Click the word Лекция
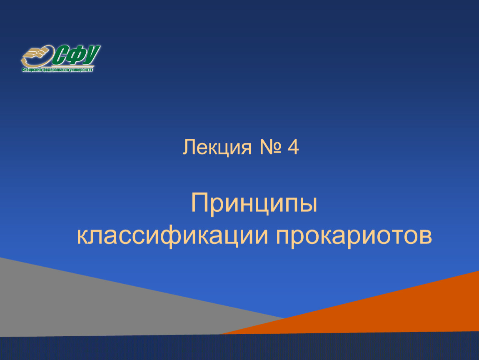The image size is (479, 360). (x=217, y=148)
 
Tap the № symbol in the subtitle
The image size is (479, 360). (x=270, y=147)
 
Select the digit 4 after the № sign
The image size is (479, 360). (x=293, y=147)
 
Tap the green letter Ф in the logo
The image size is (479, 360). (x=75, y=55)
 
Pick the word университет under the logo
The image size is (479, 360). (x=81, y=70)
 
